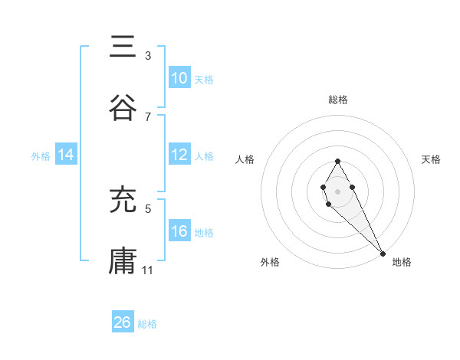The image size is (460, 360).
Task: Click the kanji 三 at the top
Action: click(123, 47)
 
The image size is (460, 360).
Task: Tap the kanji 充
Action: click(123, 201)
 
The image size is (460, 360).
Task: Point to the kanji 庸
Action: click(123, 260)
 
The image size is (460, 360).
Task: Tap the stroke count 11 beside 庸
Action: click(149, 270)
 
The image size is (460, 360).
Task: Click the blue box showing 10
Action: click(179, 78)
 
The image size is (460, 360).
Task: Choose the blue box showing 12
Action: click(179, 155)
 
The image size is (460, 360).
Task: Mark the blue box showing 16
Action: click(179, 231)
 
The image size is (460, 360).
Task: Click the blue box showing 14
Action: click(66, 155)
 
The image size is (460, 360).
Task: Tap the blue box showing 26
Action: click(123, 322)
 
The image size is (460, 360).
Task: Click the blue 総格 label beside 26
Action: click(147, 324)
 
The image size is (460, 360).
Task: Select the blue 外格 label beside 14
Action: click(41, 155)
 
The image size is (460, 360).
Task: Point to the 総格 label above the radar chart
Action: click(337, 100)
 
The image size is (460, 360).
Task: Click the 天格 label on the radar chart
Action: click(432, 159)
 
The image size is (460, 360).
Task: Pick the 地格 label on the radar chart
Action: click(402, 262)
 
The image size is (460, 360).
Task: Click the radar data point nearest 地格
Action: click(383, 252)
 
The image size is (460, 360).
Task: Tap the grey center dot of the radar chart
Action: click(337, 190)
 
